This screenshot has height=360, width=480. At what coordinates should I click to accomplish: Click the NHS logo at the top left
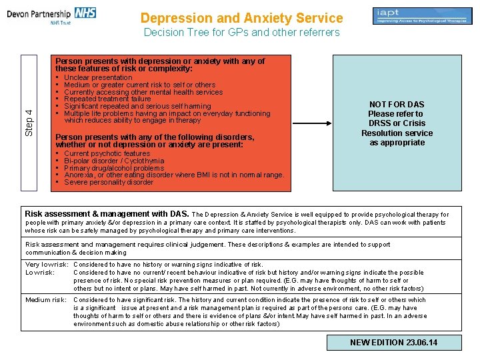85,13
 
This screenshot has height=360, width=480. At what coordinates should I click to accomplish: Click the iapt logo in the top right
417,16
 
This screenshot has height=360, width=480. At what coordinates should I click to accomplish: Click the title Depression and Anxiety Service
242,19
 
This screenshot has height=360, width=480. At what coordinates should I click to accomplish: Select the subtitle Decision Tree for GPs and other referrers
241,33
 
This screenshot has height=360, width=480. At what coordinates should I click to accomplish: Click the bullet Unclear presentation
98,78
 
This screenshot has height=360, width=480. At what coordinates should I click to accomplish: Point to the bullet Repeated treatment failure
107,99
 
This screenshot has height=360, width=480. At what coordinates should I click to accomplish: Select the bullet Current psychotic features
107,154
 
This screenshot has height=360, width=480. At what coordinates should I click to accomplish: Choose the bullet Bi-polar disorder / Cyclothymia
114,161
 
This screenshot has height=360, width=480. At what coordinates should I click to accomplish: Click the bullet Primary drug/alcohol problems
114,168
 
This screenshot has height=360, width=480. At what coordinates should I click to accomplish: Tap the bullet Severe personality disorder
109,183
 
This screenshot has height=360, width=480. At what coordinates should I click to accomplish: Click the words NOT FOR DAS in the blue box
397,104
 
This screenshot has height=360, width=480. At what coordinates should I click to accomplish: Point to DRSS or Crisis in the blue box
397,123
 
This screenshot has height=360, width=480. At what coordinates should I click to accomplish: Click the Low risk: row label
40,273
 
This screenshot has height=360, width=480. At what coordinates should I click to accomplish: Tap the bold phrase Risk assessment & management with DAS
107,214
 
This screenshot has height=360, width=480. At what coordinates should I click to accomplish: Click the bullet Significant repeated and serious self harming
137,107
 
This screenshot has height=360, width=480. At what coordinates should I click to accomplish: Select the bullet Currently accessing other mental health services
143,92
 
